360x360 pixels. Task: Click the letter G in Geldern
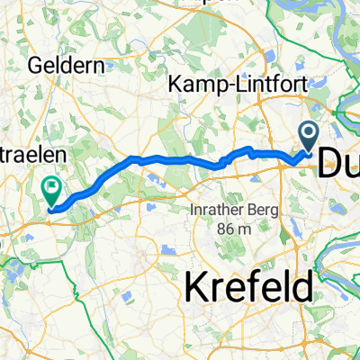35,66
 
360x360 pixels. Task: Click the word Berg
263,210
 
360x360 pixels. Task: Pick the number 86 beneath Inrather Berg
223,229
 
